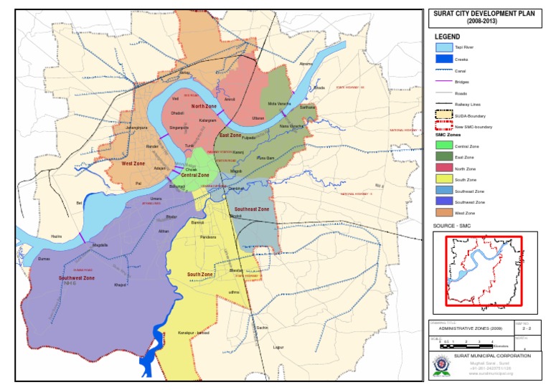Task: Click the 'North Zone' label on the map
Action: [x=194, y=106]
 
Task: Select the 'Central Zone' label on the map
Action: [x=194, y=175]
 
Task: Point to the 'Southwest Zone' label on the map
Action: [x=77, y=277]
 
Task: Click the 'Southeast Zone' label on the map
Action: [x=252, y=209]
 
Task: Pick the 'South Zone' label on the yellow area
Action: [x=200, y=275]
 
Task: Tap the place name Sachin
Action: [x=262, y=327]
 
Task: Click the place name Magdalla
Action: [x=100, y=245]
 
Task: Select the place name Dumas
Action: [x=44, y=258]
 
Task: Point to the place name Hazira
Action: [x=57, y=236]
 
